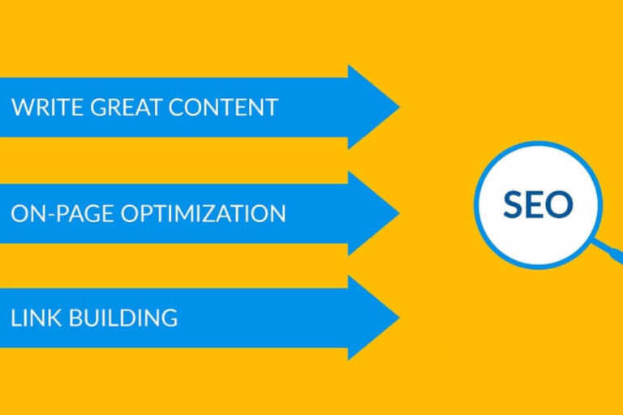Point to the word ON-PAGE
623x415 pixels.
(x=63, y=213)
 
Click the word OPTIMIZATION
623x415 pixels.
(x=204, y=213)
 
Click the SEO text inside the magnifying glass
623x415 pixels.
(x=538, y=205)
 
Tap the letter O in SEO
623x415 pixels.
(x=561, y=205)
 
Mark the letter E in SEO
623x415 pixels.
(x=536, y=205)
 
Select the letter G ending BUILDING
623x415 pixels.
(x=169, y=318)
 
